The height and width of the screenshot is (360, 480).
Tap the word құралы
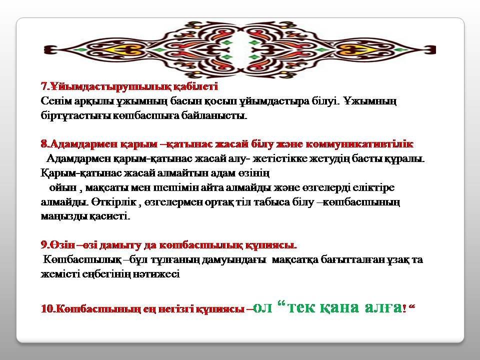404,159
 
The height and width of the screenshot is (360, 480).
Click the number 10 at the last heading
47,309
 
